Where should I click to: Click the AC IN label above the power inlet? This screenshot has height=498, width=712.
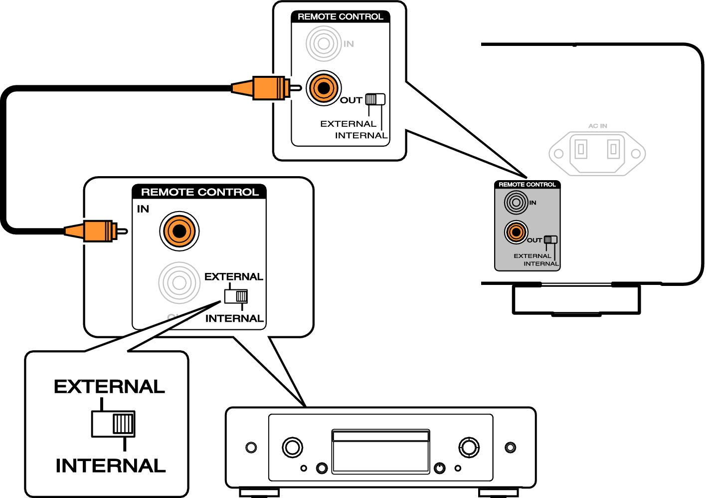[x=597, y=126]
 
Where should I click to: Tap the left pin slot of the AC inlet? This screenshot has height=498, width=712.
[x=581, y=149]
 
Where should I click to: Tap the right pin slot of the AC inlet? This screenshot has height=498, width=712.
[x=613, y=149]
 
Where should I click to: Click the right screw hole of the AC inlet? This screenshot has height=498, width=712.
[x=636, y=154]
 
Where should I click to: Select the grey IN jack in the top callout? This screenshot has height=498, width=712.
[x=323, y=44]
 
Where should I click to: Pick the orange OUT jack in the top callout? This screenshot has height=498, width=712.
[x=323, y=88]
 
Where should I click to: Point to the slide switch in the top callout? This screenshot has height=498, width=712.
[x=375, y=99]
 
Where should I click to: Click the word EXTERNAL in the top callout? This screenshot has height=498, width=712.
[x=348, y=124]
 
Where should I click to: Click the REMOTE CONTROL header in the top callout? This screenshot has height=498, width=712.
[x=340, y=17]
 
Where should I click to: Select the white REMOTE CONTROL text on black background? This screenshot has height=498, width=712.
[x=200, y=192]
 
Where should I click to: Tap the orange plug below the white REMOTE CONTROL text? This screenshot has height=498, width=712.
[x=95, y=231]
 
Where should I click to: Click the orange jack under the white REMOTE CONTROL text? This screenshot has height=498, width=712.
[x=179, y=231]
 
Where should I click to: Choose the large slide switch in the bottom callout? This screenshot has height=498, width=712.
[x=113, y=424]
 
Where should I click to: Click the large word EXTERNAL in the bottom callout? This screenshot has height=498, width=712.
[x=109, y=387]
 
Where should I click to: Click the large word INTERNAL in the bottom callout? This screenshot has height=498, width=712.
[x=110, y=466]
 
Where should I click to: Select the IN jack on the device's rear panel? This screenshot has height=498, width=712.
[x=516, y=203]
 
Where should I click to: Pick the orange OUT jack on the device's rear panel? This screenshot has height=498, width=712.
[x=516, y=232]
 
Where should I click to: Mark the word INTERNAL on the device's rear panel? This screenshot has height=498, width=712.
[x=540, y=264]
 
